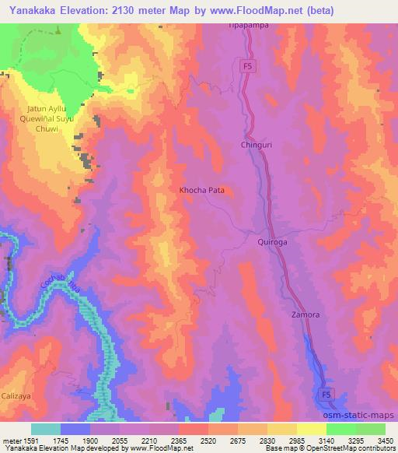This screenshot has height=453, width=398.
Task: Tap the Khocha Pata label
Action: (202, 189)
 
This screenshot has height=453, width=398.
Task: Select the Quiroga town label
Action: (273, 242)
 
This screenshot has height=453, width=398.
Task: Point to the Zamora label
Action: (305, 315)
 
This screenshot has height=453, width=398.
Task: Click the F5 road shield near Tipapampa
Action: (247, 67)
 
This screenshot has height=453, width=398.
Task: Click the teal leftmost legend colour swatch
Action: (45, 429)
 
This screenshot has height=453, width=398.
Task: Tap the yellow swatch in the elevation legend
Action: (311, 429)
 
